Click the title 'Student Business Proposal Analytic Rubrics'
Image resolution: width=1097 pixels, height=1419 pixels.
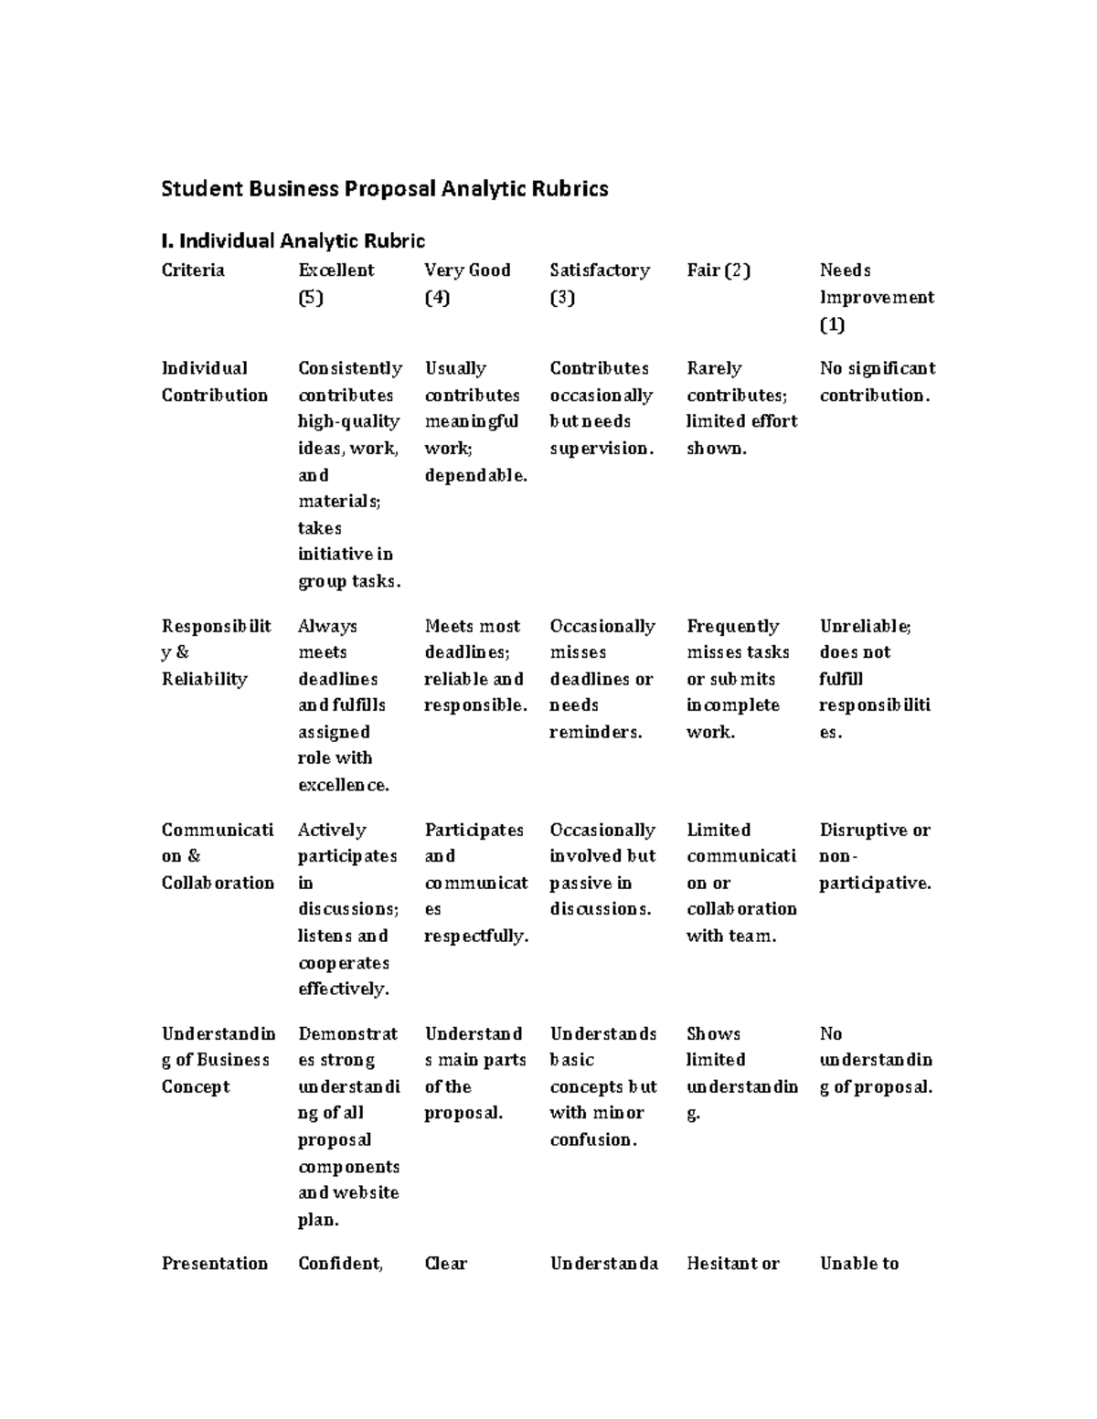click(384, 189)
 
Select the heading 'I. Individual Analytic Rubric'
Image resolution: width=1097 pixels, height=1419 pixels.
click(293, 241)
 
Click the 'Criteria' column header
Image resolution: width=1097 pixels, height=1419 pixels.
click(193, 270)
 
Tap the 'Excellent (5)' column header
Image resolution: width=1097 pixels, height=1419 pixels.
click(335, 283)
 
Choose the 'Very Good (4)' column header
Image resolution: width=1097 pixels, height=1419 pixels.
click(467, 283)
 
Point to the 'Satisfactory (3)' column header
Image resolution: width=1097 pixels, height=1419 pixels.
click(599, 283)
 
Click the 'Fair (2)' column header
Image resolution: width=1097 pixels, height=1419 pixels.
click(718, 270)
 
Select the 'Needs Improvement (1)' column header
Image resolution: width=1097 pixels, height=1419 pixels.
click(876, 297)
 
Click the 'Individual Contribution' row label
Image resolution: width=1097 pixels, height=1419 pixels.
click(214, 382)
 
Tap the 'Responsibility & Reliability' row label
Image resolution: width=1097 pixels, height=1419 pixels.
click(216, 652)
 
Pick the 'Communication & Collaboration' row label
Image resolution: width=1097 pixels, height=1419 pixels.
click(218, 856)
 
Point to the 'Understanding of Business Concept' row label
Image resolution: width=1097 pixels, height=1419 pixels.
click(218, 1060)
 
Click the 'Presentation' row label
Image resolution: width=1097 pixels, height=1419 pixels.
click(214, 1264)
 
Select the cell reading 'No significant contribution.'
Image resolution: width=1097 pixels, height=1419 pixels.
click(877, 382)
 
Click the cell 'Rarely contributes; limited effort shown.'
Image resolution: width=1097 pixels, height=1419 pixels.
click(741, 408)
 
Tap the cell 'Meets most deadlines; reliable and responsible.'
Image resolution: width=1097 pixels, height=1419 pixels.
click(474, 666)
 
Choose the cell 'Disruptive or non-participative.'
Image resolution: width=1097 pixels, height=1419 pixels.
click(875, 856)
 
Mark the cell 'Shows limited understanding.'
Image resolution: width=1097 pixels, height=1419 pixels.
click(741, 1073)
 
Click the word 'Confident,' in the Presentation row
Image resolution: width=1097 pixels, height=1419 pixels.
click(340, 1264)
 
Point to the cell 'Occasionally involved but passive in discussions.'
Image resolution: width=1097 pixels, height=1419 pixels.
click(602, 869)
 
